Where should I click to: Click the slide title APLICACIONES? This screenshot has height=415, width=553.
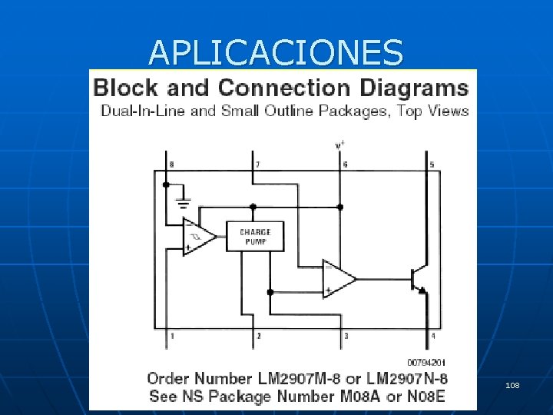coord(276,53)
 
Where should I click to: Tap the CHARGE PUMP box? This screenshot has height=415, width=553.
coord(255,237)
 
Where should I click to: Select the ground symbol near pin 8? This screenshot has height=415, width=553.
coord(184,203)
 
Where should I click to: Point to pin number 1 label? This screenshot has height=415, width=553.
coord(171,336)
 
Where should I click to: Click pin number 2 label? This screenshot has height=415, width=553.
coord(258,336)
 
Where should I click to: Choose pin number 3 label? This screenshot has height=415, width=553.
coord(346,336)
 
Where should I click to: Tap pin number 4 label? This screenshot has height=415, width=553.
coord(432,336)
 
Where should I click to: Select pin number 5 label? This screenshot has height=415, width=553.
coord(432,164)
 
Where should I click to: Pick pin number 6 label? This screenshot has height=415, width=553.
coord(345,164)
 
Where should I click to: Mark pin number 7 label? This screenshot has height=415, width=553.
coord(257,164)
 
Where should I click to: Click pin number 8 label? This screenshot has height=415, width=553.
coord(171,164)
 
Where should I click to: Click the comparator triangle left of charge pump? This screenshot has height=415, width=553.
coord(198,237)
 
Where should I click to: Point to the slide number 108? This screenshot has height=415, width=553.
coord(513,384)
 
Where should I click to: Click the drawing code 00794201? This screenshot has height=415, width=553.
coord(428,362)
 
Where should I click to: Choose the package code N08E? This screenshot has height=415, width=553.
coord(424,397)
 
